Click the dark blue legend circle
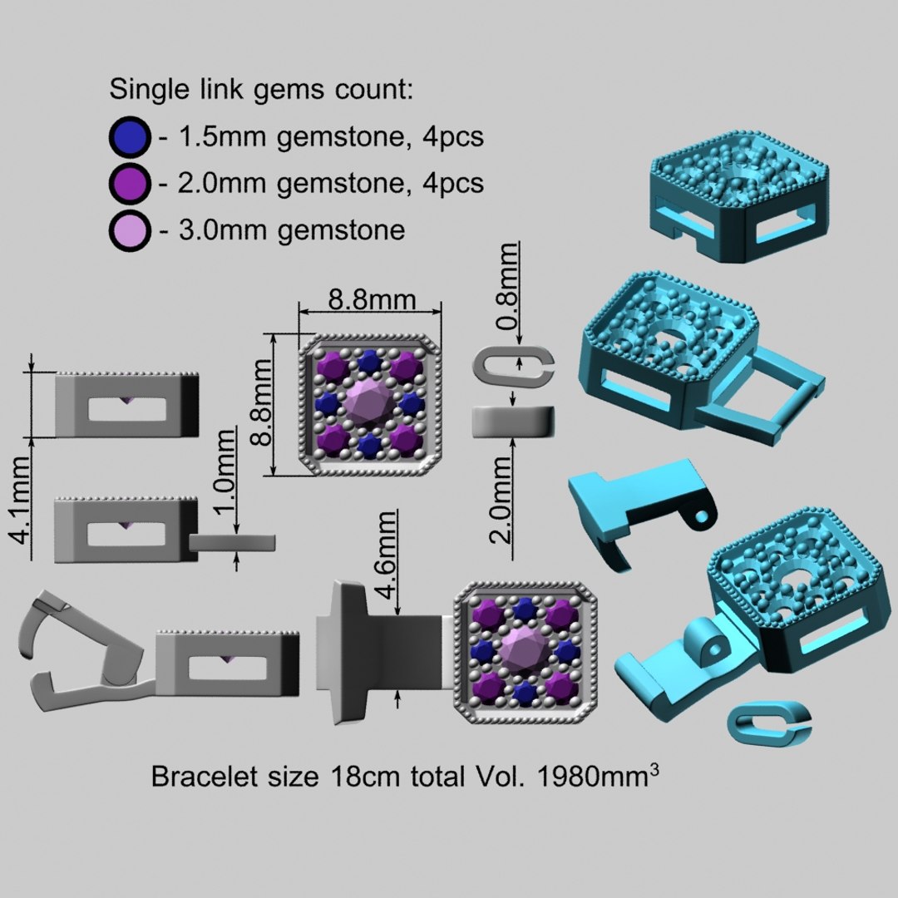tap(130, 137)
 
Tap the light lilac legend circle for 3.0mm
tap(130, 230)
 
